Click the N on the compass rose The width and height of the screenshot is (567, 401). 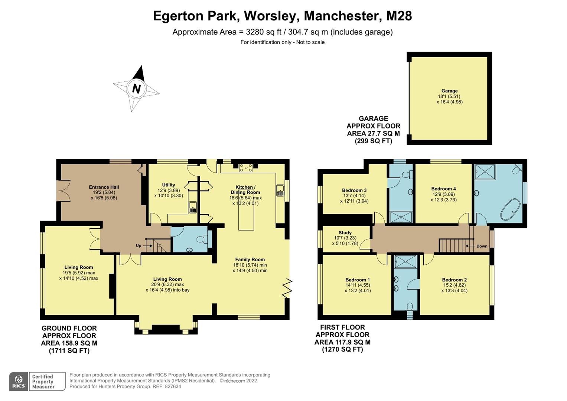tap(136, 89)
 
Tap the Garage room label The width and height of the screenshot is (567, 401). tap(449, 91)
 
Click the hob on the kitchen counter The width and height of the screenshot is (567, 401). tap(246, 168)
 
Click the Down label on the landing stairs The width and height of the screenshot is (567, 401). tap(482, 246)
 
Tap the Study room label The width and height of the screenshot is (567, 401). tap(345, 233)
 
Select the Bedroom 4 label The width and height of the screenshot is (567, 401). tap(443, 189)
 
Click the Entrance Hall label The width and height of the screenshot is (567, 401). tap(104, 187)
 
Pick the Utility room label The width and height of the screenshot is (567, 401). tap(169, 185)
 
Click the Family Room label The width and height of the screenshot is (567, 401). tap(250, 260)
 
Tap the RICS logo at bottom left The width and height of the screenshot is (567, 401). tap(18, 381)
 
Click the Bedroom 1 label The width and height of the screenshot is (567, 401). tap(357, 280)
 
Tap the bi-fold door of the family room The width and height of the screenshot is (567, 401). tap(287, 288)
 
